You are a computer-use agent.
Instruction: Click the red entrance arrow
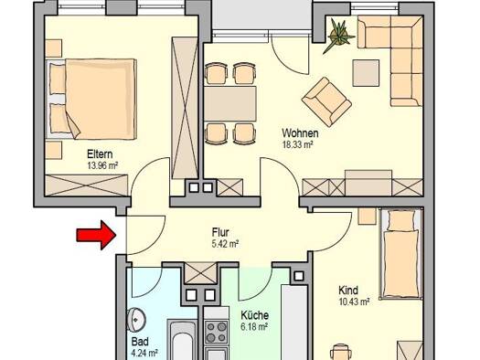(96, 235)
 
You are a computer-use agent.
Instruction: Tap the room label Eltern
(100, 154)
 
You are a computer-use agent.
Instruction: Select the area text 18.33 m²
(297, 144)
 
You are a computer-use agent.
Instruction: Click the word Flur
(220, 232)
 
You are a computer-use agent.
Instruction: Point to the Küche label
(255, 315)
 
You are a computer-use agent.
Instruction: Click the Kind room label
(348, 290)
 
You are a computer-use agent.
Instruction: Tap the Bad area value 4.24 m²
(144, 354)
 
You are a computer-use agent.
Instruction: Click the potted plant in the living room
(338, 35)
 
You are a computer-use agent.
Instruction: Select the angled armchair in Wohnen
(326, 101)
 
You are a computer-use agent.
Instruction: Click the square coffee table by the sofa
(366, 73)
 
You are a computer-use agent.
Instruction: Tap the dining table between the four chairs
(230, 103)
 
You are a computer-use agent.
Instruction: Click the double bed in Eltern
(91, 99)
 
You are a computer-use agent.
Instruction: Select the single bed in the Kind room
(401, 254)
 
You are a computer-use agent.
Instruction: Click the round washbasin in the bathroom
(136, 320)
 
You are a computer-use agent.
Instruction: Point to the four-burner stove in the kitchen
(216, 333)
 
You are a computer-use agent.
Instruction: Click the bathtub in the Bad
(182, 340)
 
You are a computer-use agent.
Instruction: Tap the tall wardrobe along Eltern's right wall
(185, 108)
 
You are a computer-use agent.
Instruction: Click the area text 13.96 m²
(102, 165)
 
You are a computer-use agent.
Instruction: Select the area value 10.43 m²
(354, 302)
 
